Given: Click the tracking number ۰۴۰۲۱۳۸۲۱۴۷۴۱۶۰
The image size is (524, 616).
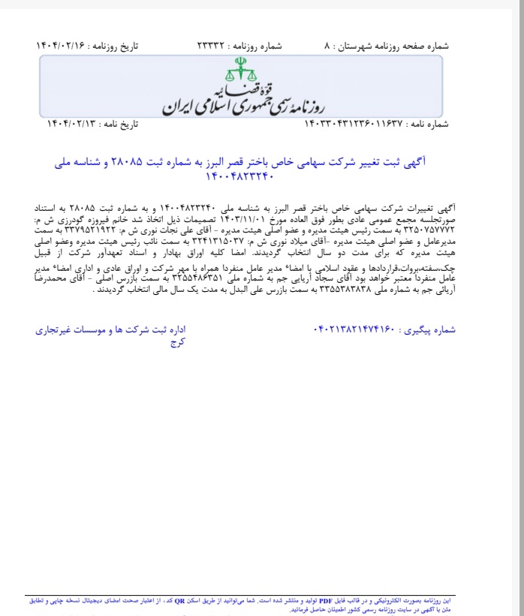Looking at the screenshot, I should tap(352, 329).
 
